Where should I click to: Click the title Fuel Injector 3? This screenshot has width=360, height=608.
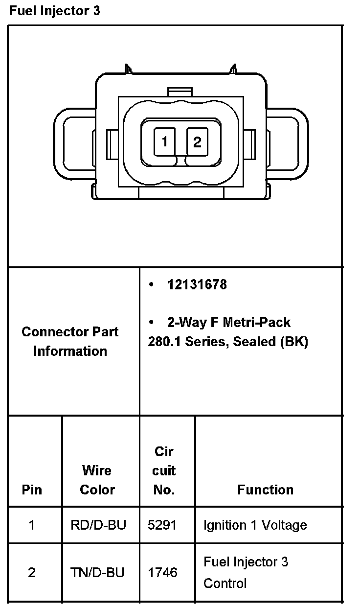(x=55, y=11)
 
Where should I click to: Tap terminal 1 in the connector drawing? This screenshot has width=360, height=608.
(x=165, y=142)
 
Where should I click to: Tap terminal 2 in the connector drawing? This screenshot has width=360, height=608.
(x=197, y=142)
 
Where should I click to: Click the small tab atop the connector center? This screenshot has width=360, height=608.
(x=180, y=92)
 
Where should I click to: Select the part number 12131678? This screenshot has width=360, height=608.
(x=197, y=285)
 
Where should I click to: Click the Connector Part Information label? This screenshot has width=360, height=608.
(x=70, y=341)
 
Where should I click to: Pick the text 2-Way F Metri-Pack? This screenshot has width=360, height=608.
(x=229, y=323)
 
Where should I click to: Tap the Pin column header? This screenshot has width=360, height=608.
(x=32, y=490)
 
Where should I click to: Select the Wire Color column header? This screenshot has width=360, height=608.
(x=97, y=480)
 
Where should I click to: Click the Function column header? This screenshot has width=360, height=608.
(x=266, y=490)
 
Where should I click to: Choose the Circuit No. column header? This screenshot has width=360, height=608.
(x=164, y=470)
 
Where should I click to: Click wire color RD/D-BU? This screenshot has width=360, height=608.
(x=98, y=525)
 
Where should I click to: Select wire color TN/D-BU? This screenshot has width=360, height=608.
(x=97, y=572)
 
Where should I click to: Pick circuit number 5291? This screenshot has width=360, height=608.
(x=162, y=525)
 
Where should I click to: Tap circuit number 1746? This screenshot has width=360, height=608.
(x=162, y=572)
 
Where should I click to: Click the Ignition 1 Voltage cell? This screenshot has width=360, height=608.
(x=255, y=525)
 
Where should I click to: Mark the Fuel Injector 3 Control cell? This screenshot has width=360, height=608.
(x=246, y=572)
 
